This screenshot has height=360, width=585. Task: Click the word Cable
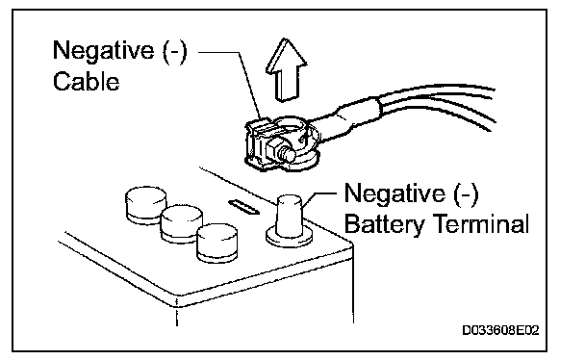click(87, 81)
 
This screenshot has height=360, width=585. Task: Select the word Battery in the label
click(384, 225)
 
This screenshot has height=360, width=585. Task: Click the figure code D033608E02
click(500, 330)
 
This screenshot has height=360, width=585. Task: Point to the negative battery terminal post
click(290, 217)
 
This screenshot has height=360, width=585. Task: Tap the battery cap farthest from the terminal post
click(145, 205)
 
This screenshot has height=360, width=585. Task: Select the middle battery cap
click(181, 224)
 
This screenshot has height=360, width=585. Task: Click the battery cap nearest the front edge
click(217, 244)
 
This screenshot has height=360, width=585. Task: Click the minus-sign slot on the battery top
click(244, 207)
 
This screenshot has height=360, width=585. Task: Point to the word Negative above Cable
click(103, 50)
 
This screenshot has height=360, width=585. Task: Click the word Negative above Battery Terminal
click(394, 193)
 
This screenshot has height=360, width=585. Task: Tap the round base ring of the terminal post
click(290, 241)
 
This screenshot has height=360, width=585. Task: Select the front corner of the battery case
click(177, 307)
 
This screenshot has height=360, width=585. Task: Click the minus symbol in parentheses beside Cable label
click(174, 51)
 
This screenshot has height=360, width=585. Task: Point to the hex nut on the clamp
click(273, 151)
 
